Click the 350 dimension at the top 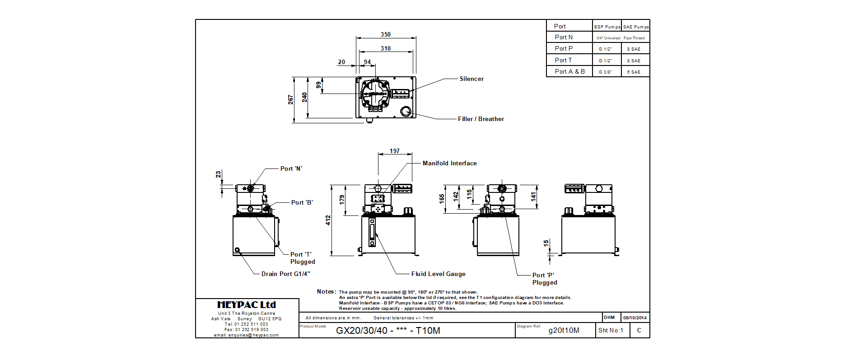(x=385, y=34)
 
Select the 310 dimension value (x=385, y=48)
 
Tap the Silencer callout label (x=471, y=79)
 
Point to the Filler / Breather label (x=481, y=119)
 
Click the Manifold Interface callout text (x=449, y=163)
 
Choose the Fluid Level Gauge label (x=438, y=274)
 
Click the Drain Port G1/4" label (x=285, y=274)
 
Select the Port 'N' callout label (x=291, y=168)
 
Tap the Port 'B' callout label (x=302, y=202)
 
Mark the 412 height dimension (x=328, y=220)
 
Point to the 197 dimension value (x=394, y=151)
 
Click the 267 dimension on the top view (x=290, y=99)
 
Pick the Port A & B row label (x=569, y=71)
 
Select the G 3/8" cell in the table (x=605, y=72)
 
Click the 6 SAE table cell (x=633, y=72)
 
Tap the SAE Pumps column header (x=635, y=27)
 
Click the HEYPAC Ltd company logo (x=247, y=305)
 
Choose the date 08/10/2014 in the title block (x=635, y=318)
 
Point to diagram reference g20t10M (x=564, y=330)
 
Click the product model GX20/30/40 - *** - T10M (x=387, y=330)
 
